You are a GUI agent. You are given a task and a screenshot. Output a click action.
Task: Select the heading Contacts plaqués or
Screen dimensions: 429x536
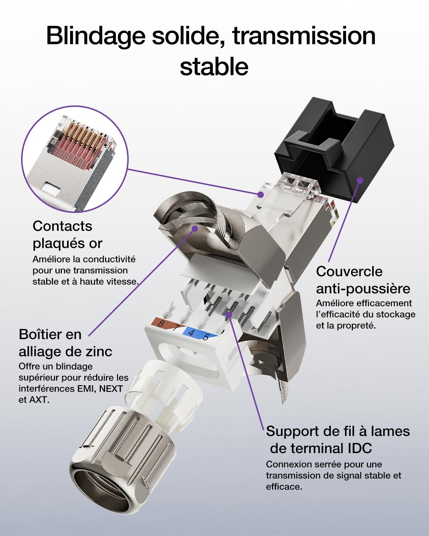coord(68,235)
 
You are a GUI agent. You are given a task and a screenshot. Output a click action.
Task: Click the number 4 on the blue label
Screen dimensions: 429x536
coord(192,333)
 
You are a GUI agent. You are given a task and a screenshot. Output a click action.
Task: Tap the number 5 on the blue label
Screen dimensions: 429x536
coord(206,337)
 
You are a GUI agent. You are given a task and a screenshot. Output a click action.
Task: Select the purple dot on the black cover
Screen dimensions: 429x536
coord(360,180)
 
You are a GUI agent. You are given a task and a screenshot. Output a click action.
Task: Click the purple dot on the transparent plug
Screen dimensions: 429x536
coord(261,194)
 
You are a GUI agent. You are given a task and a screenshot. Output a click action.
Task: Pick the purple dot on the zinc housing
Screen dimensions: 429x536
coord(195,228)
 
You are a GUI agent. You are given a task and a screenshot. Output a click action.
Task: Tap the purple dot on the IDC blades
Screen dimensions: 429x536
coord(229,315)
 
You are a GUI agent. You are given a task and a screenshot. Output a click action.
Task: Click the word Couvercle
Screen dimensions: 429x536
coord(349,272)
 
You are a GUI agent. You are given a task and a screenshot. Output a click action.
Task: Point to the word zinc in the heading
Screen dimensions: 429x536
coord(99,352)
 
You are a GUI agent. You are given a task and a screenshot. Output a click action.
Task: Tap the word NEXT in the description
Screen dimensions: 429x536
coord(111,388)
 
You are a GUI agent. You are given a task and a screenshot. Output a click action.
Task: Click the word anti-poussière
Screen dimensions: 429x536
coord(363,289)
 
